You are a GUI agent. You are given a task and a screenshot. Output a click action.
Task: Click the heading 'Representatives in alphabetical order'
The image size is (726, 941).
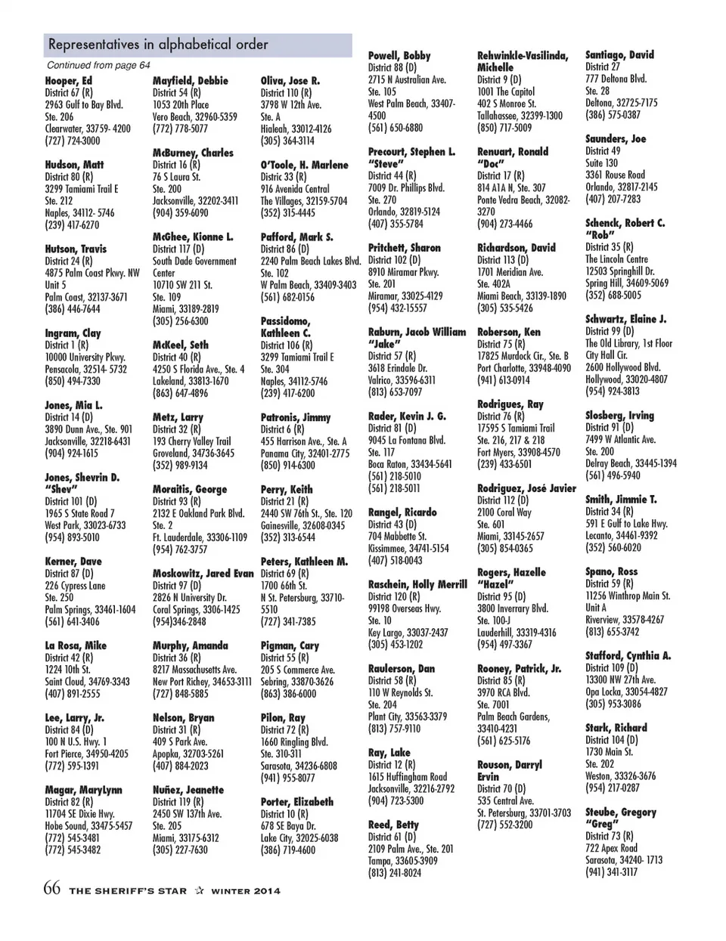tap(158, 45)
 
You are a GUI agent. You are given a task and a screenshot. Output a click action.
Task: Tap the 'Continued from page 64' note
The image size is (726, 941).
tap(98, 66)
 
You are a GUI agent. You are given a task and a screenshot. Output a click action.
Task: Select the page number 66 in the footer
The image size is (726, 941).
tap(51, 889)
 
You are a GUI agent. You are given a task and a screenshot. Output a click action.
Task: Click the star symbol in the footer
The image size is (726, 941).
tap(200, 890)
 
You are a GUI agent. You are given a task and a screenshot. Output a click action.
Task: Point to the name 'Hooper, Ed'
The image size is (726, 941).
tap(69, 81)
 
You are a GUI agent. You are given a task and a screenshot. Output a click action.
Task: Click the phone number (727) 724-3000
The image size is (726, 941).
tap(73, 141)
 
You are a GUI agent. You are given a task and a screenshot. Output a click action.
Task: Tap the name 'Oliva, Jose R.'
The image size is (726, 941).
tap(290, 81)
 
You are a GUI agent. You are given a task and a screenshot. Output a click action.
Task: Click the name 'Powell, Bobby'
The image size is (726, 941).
tap(399, 56)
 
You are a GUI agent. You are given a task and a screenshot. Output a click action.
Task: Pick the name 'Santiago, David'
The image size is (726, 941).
tap(619, 55)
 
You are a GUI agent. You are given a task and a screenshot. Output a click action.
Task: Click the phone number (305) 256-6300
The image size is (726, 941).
tap(181, 321)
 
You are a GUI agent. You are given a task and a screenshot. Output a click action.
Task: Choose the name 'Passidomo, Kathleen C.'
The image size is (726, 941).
tap(286, 327)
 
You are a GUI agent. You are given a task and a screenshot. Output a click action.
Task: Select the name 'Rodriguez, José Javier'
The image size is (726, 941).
tap(526, 488)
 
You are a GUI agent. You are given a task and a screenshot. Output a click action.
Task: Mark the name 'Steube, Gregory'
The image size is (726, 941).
tap(621, 813)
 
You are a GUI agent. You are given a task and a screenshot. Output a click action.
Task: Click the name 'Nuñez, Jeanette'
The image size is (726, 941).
tap(188, 790)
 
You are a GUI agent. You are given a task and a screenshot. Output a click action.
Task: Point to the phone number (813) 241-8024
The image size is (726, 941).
tap(395, 873)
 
